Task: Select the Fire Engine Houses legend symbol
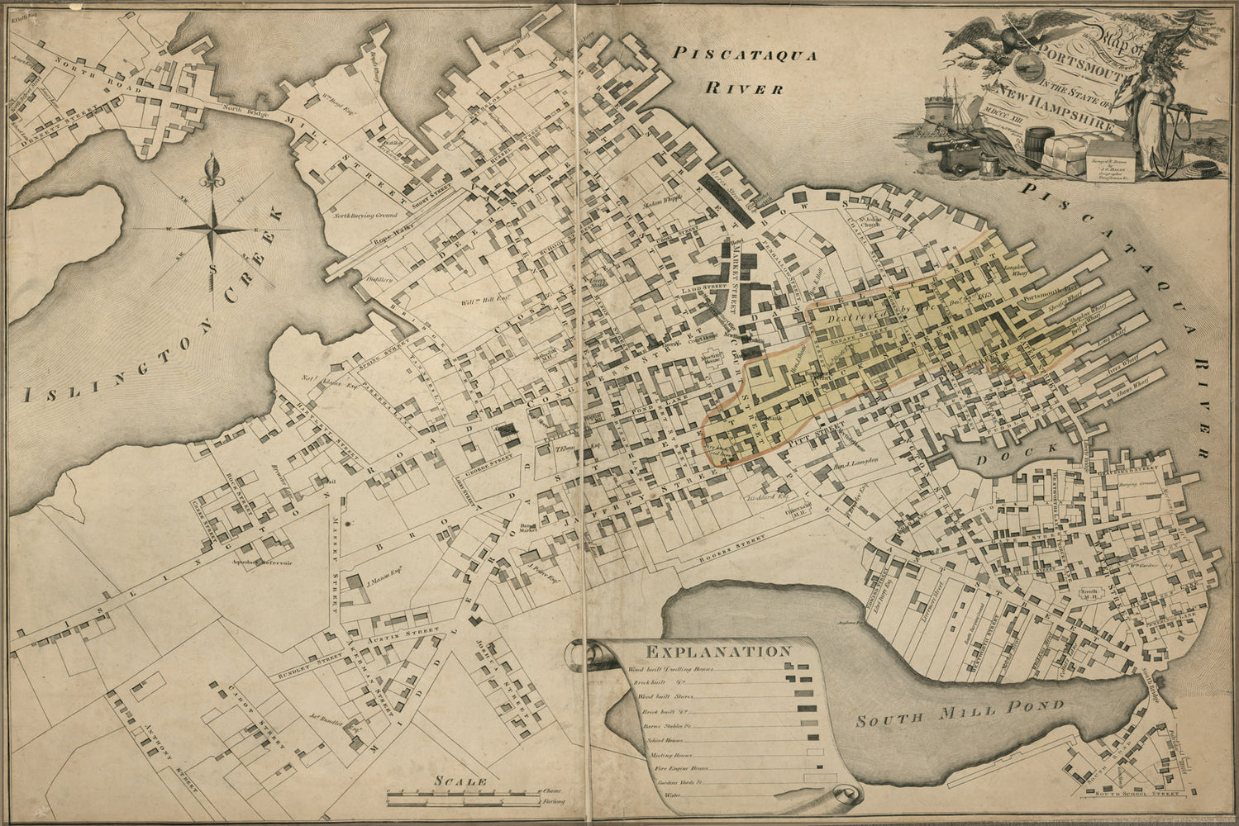(x=819, y=768)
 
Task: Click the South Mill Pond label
(x=960, y=714)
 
